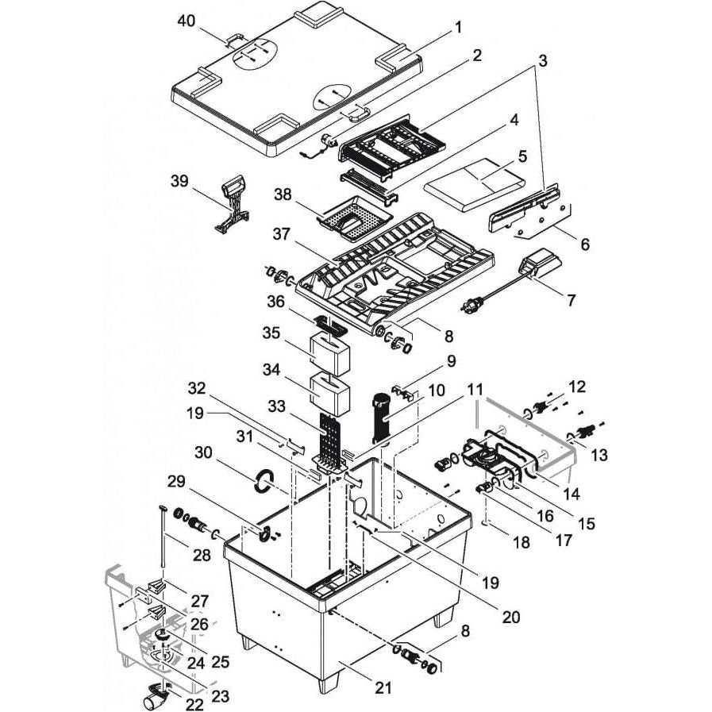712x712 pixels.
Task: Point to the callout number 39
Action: click(179, 181)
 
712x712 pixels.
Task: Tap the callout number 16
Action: click(545, 515)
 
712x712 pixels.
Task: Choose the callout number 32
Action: click(197, 389)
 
